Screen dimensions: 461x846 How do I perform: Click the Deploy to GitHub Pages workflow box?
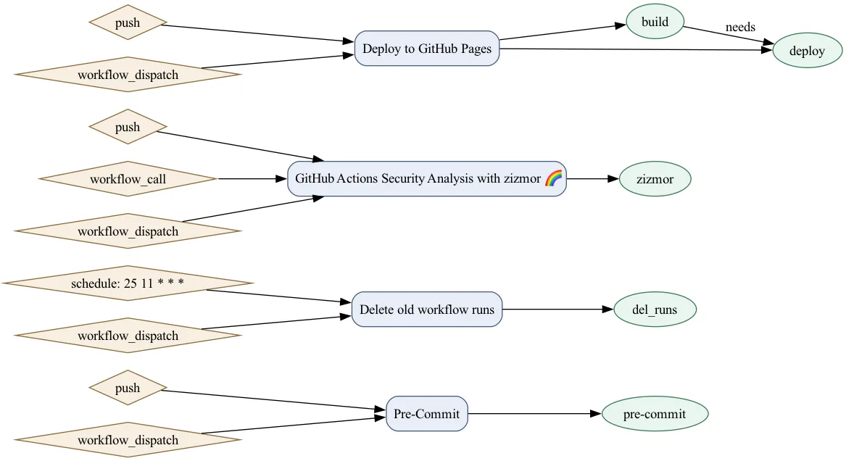click(x=426, y=49)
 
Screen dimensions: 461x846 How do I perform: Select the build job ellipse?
click(x=655, y=22)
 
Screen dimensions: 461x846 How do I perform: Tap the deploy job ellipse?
click(x=807, y=51)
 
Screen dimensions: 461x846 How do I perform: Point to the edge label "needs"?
click(x=740, y=28)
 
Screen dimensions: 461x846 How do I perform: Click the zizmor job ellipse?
click(x=655, y=179)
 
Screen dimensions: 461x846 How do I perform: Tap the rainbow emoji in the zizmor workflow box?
click(x=553, y=178)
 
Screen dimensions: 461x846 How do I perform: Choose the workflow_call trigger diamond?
click(x=128, y=179)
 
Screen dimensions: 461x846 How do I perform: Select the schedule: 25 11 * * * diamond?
click(x=128, y=283)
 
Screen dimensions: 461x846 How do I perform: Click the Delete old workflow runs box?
click(x=426, y=310)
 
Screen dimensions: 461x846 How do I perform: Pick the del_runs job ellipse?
click(x=655, y=310)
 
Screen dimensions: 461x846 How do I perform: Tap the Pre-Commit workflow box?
click(x=426, y=414)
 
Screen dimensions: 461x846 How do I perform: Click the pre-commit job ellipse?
click(x=655, y=414)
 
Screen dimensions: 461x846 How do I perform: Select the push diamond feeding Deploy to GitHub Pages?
click(x=128, y=22)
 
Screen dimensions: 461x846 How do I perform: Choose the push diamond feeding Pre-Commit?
click(x=128, y=388)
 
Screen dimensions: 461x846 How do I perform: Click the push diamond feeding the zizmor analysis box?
click(x=128, y=127)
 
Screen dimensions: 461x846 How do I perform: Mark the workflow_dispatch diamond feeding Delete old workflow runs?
click(x=128, y=336)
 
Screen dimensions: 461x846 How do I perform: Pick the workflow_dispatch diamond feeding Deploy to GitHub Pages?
click(x=128, y=75)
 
